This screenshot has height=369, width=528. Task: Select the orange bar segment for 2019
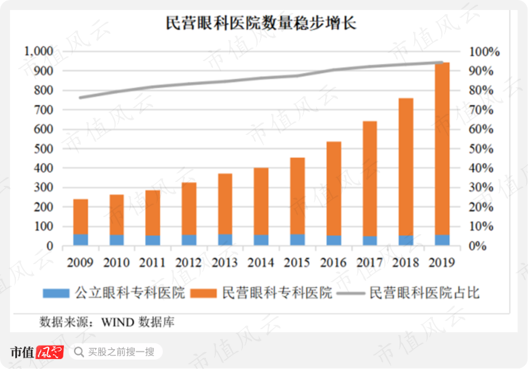pos(442,147)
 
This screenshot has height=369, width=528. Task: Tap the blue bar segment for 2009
pos(81,240)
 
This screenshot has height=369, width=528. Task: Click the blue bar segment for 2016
pos(334,241)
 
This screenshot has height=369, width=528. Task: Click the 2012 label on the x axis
pos(189,263)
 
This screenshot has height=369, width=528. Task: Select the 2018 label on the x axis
pos(406,263)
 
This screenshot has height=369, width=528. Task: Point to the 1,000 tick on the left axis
pos(40,52)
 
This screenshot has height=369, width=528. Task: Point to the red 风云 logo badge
pos(49,352)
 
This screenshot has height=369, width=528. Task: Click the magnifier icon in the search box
pos(79,352)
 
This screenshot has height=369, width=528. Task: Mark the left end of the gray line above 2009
pos(81,97)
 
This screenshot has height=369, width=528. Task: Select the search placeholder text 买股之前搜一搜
pos(121,352)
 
